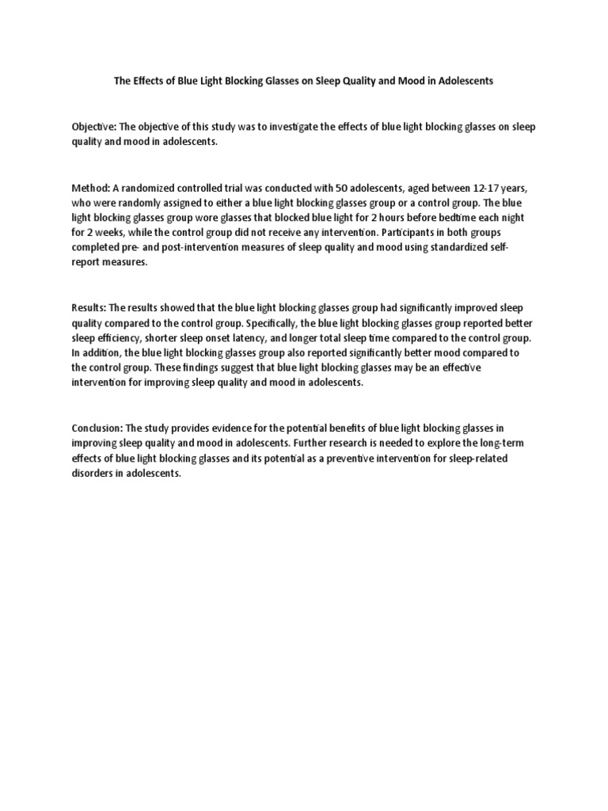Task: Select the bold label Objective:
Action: [x=94, y=128]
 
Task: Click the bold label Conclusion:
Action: [x=100, y=428]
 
